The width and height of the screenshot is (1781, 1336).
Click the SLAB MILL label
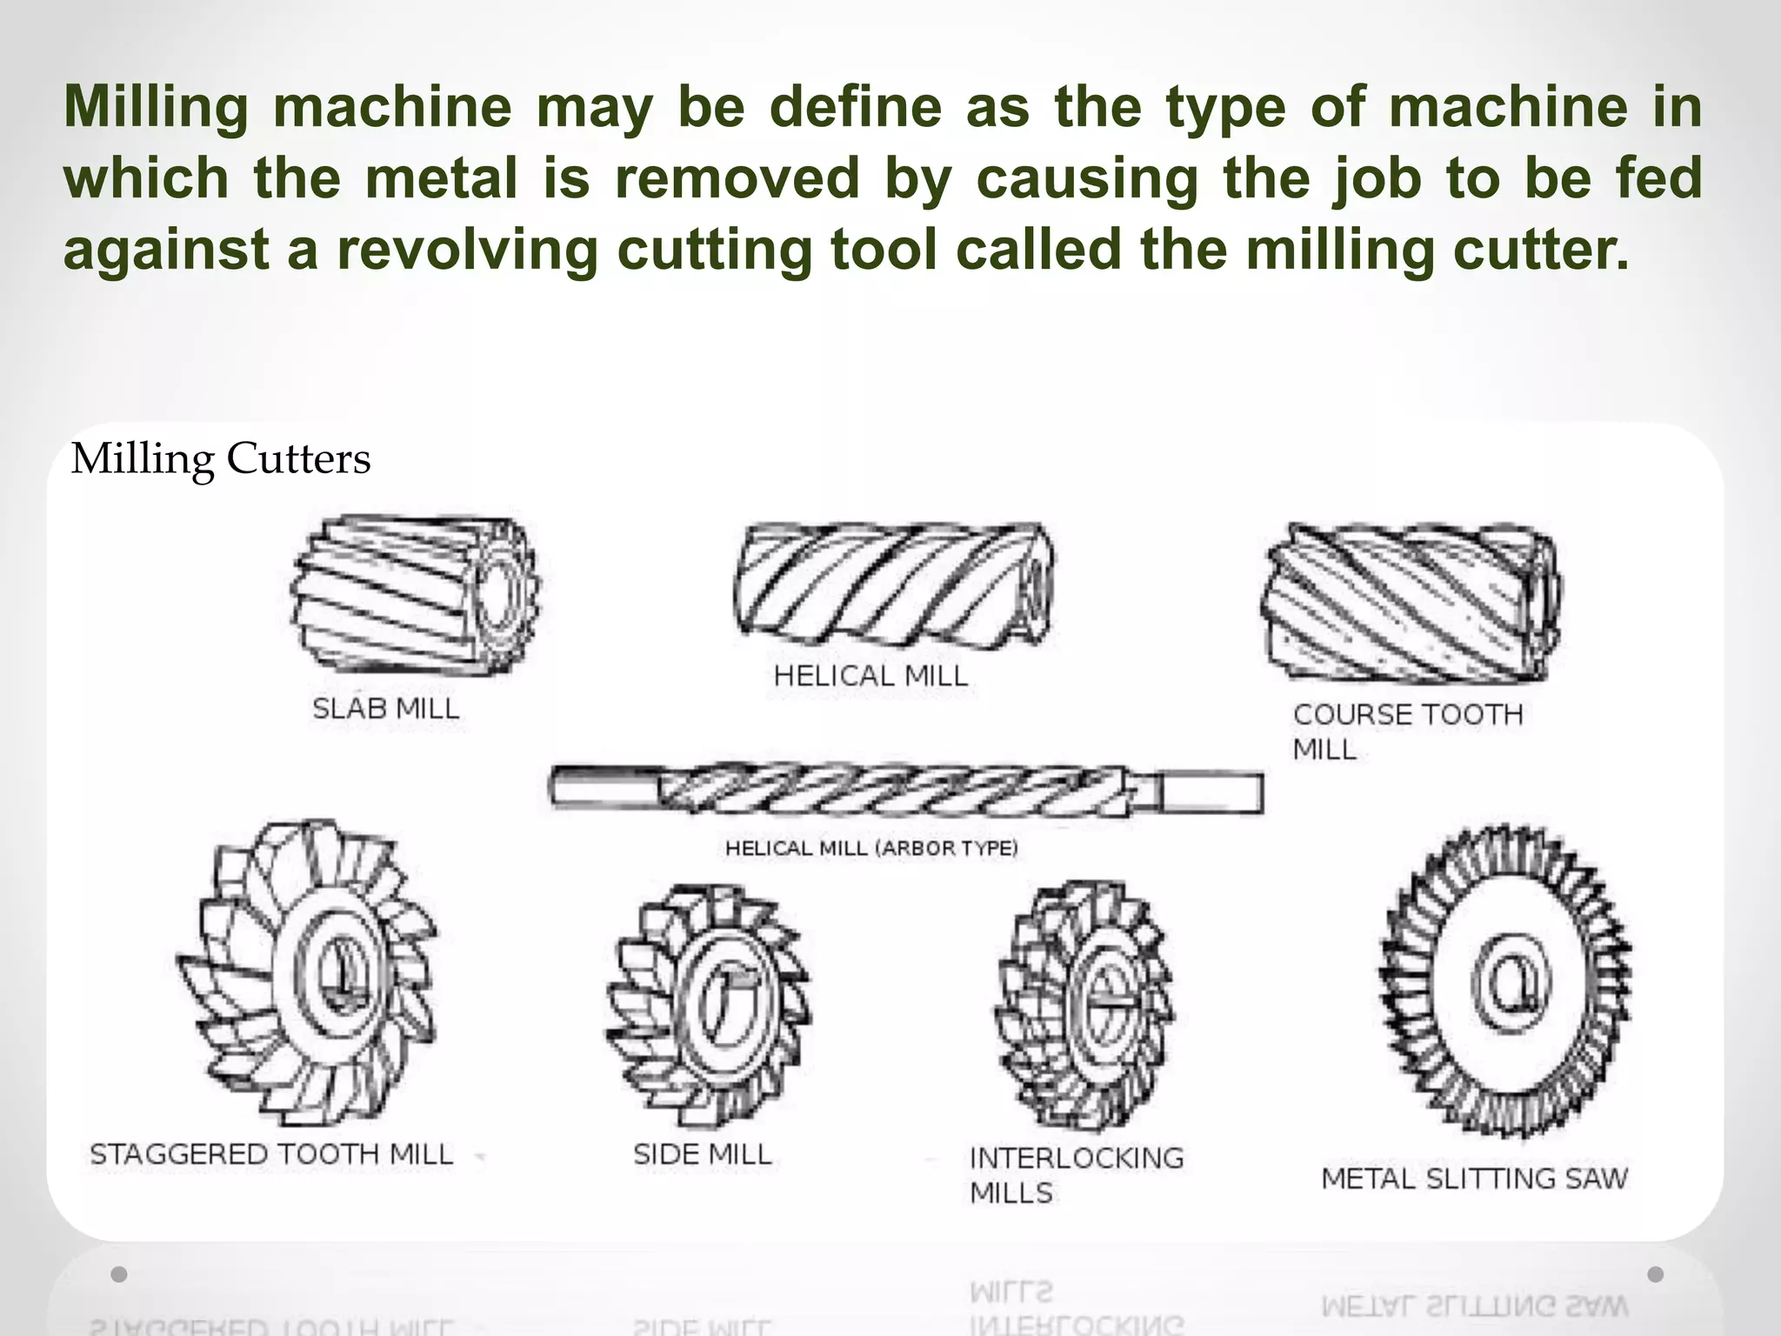[x=385, y=709]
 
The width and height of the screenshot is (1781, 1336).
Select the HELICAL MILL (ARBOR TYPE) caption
[x=871, y=848]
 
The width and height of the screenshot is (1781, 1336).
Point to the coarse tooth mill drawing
[x=1410, y=604]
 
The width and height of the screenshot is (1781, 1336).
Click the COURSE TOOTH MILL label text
[x=1406, y=731]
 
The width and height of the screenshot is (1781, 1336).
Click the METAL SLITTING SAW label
[x=1474, y=1179]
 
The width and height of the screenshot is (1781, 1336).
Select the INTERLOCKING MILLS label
[x=1076, y=1174]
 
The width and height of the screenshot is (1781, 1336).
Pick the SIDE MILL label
[x=702, y=1154]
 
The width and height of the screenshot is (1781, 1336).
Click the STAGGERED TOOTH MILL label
[x=271, y=1154]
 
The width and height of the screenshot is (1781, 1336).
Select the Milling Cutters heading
[x=221, y=458]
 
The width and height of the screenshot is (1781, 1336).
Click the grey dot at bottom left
[x=119, y=1274]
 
